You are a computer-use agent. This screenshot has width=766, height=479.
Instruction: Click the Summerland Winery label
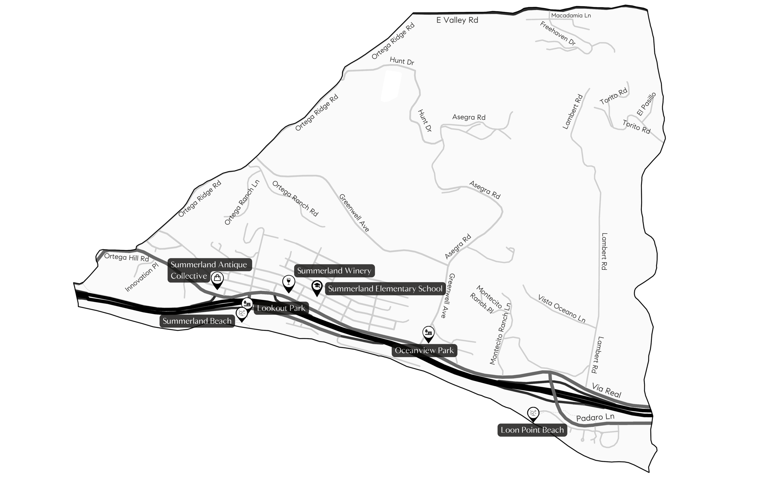point(334,271)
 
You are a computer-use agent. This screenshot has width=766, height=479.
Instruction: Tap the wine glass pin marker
point(289,282)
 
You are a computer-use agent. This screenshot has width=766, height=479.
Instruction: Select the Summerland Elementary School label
point(385,289)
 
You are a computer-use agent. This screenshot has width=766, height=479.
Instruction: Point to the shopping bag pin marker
point(217,279)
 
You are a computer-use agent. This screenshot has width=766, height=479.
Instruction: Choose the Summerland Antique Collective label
point(209,270)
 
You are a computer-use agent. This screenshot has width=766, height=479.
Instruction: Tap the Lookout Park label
point(281,308)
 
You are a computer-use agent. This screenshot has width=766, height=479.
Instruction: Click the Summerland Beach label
point(197,321)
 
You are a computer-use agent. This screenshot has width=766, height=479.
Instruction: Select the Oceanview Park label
point(424,350)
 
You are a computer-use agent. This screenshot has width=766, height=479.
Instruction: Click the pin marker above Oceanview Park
point(428,333)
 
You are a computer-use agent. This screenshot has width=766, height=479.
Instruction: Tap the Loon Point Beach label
point(532,430)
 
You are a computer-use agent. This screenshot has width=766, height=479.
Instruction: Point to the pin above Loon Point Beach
point(533,413)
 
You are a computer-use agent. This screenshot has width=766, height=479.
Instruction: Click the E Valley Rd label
point(457,20)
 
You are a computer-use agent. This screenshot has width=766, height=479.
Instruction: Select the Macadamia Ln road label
point(571,16)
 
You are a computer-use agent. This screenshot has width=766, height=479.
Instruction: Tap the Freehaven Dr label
point(558,34)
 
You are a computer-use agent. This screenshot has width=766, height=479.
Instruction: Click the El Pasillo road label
point(646,104)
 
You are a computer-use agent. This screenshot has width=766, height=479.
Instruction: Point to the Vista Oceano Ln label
point(562,309)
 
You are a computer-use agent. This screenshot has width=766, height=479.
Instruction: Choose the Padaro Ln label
point(595,417)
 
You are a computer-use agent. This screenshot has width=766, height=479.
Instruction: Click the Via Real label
point(606,391)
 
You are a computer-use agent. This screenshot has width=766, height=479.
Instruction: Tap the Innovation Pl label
point(142,277)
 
